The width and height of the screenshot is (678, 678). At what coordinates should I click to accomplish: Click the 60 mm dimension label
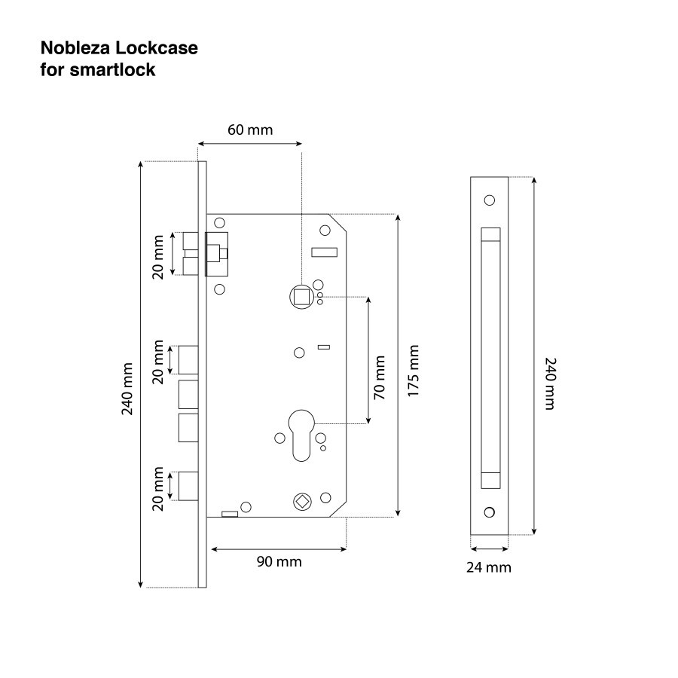click(250, 130)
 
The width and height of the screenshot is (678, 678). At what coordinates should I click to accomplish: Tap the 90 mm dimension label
click(279, 562)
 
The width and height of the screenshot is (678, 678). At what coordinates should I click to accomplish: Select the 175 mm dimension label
click(414, 371)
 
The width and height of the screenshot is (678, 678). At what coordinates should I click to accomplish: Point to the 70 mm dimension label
click(379, 377)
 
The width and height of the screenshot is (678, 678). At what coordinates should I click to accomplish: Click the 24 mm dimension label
click(489, 567)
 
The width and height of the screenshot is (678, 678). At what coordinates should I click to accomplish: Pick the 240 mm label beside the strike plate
click(550, 383)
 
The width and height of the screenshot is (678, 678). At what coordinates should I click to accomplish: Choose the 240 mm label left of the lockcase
click(127, 389)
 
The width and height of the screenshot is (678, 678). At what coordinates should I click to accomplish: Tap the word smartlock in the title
click(112, 69)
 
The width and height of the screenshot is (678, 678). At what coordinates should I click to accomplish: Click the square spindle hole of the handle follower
click(301, 297)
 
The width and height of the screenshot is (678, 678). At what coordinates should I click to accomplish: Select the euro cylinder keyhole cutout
click(301, 435)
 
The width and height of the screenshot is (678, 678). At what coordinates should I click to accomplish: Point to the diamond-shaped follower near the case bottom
click(301, 501)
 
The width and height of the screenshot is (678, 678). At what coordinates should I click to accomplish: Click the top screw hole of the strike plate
click(490, 200)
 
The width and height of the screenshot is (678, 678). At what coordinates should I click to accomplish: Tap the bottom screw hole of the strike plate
click(490, 512)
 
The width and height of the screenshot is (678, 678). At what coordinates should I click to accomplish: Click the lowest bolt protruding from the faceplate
click(188, 486)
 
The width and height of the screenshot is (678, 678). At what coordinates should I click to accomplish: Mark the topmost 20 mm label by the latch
click(158, 257)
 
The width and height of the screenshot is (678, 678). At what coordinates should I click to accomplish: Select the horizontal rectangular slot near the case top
click(324, 252)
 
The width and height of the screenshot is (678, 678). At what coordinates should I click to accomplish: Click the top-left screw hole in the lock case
click(220, 223)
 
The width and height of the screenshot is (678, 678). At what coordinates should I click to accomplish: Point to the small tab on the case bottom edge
click(230, 514)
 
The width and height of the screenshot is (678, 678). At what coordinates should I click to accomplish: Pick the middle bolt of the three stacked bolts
click(188, 394)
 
